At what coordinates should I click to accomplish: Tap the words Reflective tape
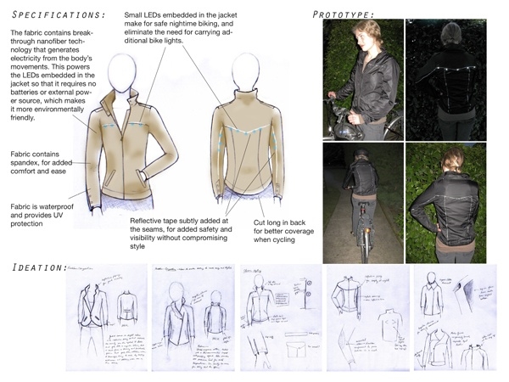tap(156, 221)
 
